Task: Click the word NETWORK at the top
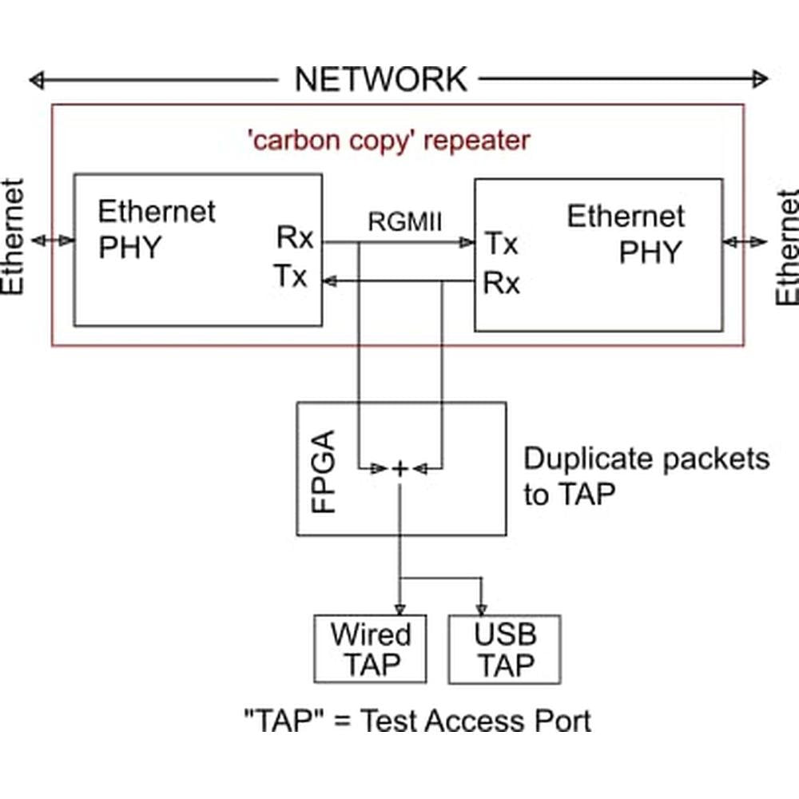tap(380, 79)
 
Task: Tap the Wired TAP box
tap(370, 649)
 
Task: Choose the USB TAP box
tap(504, 649)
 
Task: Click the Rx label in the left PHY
tap(295, 237)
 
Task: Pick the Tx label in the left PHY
tap(291, 276)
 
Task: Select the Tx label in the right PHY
tap(502, 244)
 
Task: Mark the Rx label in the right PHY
tap(502, 283)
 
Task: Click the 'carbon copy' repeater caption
tap(388, 141)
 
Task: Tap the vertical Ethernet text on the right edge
tap(788, 247)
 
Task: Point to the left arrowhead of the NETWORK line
tap(34, 79)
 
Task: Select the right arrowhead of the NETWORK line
tap(764, 79)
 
